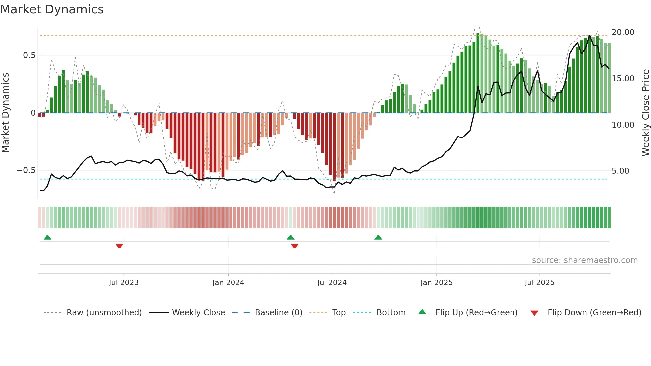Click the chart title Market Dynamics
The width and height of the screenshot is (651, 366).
point(52,9)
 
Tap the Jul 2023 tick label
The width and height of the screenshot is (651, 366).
point(123,283)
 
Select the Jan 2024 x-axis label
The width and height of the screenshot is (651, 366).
point(228,283)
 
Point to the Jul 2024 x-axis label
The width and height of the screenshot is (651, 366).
point(332,283)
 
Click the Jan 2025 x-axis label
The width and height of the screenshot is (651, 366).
point(436,283)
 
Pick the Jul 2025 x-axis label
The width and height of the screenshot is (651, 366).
point(539,283)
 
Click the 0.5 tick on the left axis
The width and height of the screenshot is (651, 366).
point(29,55)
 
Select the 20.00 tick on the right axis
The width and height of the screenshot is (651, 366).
point(623,32)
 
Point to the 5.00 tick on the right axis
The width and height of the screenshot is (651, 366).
point(620,171)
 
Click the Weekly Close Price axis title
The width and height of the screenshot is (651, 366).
point(645,113)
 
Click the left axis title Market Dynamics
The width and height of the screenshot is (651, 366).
point(5,113)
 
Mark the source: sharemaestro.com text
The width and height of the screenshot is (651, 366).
point(585,260)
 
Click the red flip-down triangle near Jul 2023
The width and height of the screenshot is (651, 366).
point(119,246)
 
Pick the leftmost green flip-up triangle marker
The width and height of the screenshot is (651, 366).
point(47,237)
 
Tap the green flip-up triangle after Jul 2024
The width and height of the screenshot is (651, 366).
point(378,237)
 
